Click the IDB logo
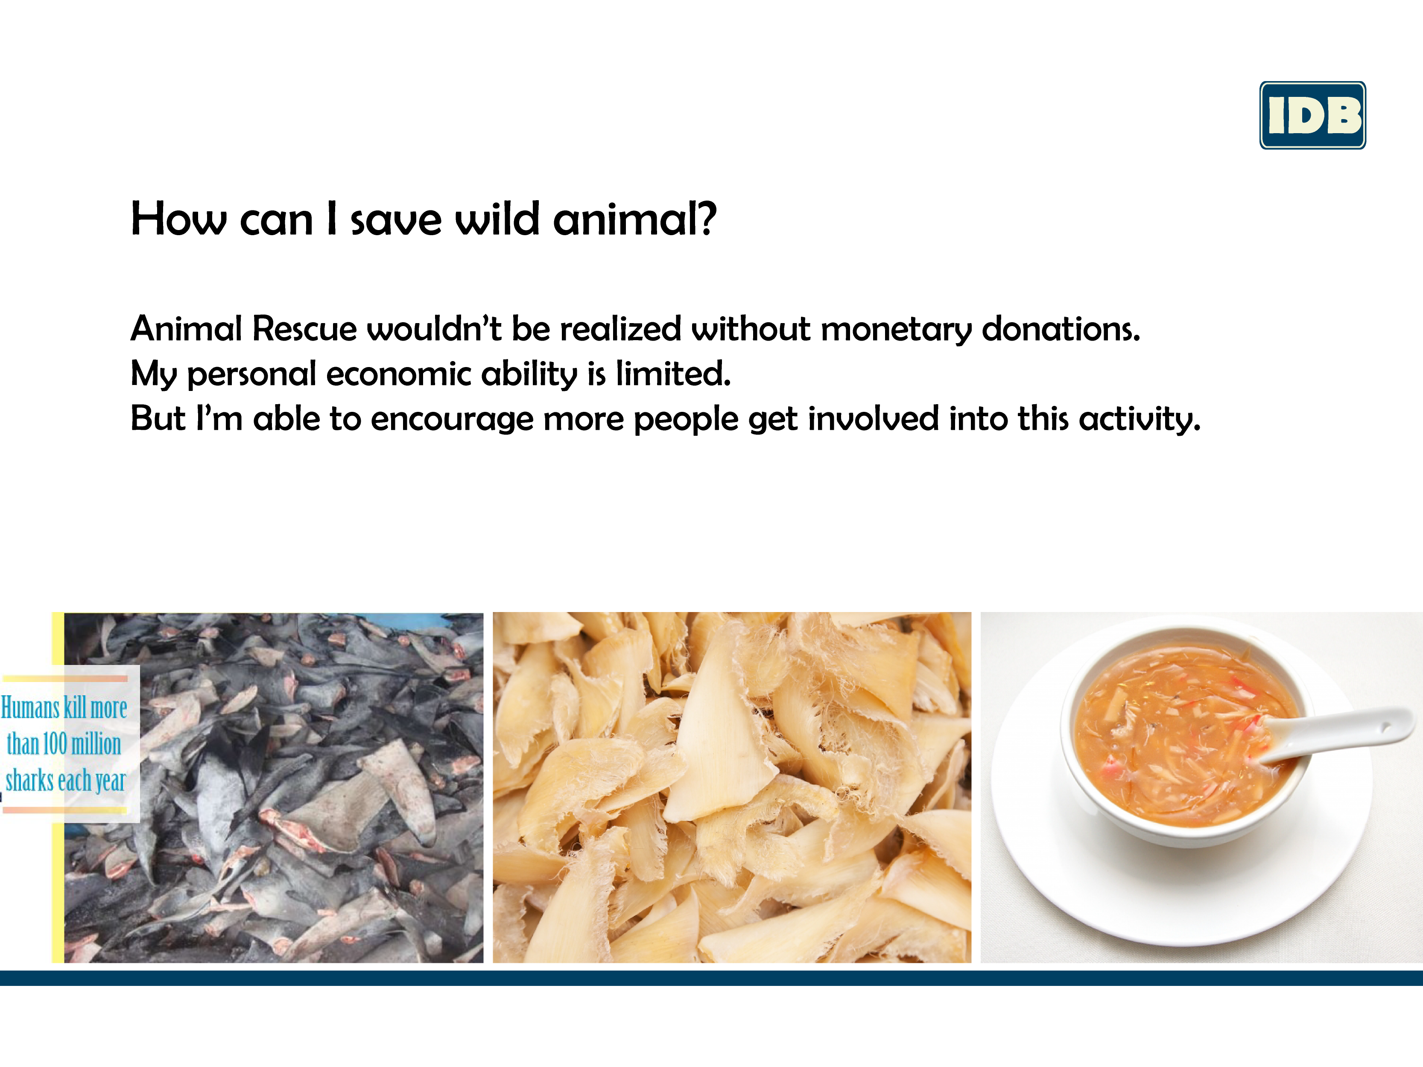[1312, 115]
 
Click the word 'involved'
[873, 418]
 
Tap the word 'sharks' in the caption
[29, 781]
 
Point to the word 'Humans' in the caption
[30, 708]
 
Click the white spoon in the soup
[1335, 735]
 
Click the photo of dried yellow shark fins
[732, 787]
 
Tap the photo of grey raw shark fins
[273, 787]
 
